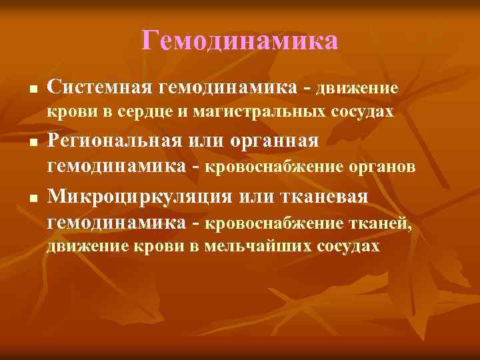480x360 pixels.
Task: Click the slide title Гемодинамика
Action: click(240, 42)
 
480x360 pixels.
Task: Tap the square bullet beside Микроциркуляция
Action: click(24, 198)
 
